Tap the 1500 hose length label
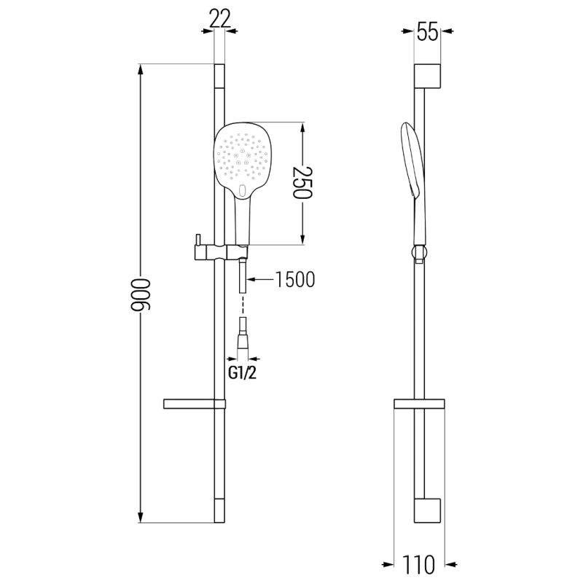click(x=295, y=279)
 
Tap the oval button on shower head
click(x=243, y=191)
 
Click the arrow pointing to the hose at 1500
click(x=259, y=279)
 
